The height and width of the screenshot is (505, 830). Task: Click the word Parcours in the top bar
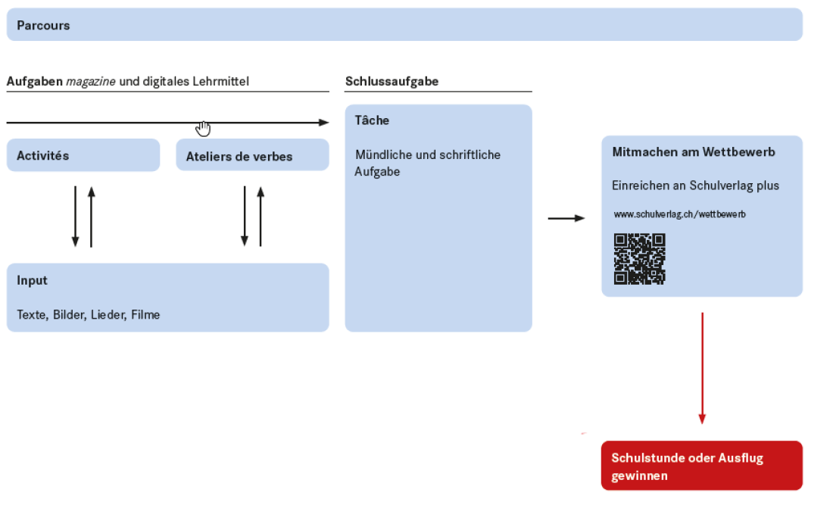[43, 26]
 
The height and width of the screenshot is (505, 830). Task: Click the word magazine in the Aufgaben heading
[91, 82]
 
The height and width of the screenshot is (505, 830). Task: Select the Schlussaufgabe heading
[392, 82]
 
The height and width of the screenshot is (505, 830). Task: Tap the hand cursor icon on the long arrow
[203, 129]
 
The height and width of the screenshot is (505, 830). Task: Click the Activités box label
[43, 156]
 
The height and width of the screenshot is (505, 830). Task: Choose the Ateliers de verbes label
[239, 157]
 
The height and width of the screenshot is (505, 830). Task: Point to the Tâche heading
[372, 120]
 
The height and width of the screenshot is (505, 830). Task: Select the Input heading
[33, 281]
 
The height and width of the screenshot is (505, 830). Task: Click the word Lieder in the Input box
[107, 315]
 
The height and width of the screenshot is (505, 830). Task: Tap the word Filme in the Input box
[145, 315]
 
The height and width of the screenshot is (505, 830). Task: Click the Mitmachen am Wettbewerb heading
[694, 152]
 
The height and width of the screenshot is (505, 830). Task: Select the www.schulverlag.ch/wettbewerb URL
[679, 215]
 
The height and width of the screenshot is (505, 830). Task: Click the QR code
[639, 259]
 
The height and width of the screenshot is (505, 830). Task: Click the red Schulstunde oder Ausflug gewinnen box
[701, 466]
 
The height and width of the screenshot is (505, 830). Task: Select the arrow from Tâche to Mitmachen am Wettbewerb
[566, 219]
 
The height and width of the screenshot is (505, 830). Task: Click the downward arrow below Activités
[75, 217]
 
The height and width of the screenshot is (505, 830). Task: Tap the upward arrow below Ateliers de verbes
[261, 217]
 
